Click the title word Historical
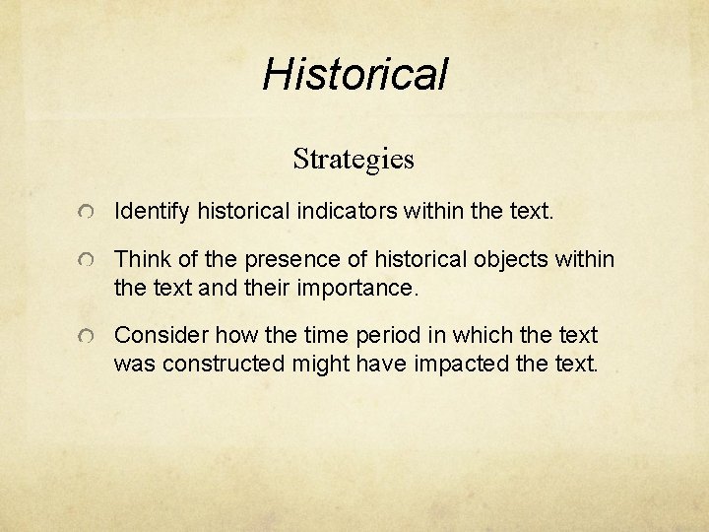tap(354, 73)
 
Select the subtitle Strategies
tap(354, 158)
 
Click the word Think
tap(139, 261)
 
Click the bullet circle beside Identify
tap(89, 212)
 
